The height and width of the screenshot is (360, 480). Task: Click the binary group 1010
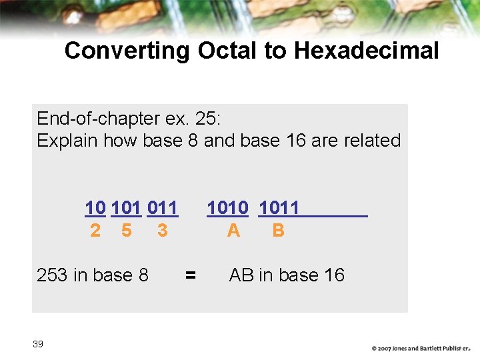[x=227, y=209]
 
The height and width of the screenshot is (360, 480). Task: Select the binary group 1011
[x=279, y=209]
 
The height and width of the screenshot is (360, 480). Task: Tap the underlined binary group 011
[x=162, y=209]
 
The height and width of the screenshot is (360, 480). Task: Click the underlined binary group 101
[x=126, y=209]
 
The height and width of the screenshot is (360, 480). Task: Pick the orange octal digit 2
[x=95, y=231]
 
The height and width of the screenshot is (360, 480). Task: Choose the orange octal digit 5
[x=127, y=231]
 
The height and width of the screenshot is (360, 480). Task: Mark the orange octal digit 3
[x=162, y=231]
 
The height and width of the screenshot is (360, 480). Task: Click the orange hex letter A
[x=233, y=231]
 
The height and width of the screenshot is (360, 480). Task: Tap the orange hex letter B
[x=279, y=231]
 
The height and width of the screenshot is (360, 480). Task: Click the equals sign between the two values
[x=191, y=275]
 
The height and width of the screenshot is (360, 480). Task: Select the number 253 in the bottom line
[x=51, y=275]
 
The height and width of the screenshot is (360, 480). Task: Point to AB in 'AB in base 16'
[x=241, y=275]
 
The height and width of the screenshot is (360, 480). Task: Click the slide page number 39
[x=38, y=344]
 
